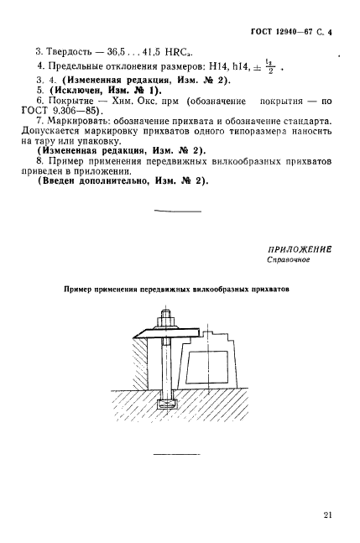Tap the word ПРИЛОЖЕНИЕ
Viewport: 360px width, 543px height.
coord(299,248)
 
